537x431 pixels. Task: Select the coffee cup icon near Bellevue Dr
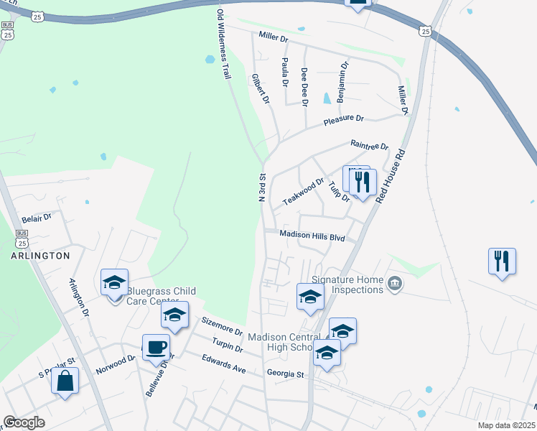[156, 348]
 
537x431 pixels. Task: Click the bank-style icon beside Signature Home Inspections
[394, 284]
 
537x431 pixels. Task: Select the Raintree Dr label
[369, 145]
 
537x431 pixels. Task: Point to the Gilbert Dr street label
[260, 89]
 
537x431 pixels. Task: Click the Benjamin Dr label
[342, 80]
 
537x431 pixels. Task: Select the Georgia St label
[285, 374]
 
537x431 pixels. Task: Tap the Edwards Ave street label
[223, 364]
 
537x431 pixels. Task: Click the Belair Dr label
[37, 216]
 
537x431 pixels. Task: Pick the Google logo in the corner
[24, 422]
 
